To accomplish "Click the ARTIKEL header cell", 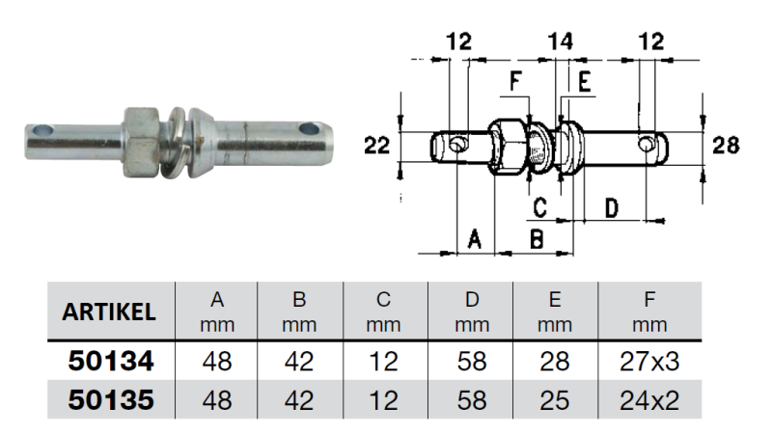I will (109, 312).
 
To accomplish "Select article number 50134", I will (110, 363).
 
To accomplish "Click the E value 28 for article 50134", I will (555, 363).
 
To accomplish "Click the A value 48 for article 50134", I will (217, 363).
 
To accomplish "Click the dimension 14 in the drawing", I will (560, 40).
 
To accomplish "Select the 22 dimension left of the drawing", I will (377, 147).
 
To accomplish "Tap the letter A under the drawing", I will (473, 238).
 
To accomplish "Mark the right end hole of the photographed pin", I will (310, 127).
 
